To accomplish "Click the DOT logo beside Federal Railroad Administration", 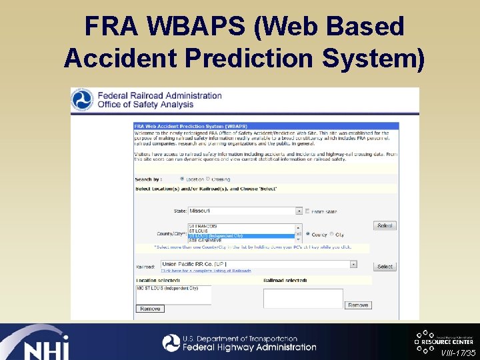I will [x=83, y=100].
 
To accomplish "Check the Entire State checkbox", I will [x=307, y=211].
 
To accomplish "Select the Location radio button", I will [x=182, y=179].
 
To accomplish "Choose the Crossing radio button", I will [x=207, y=179].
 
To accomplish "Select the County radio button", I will [x=307, y=234].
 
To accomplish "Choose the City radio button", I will [x=331, y=234].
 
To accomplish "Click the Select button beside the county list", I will [x=385, y=226].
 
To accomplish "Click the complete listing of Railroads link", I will [x=206, y=271].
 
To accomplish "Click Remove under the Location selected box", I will [x=149, y=309].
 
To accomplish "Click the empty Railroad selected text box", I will [x=303, y=297].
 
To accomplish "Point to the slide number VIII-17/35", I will [x=459, y=351].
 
